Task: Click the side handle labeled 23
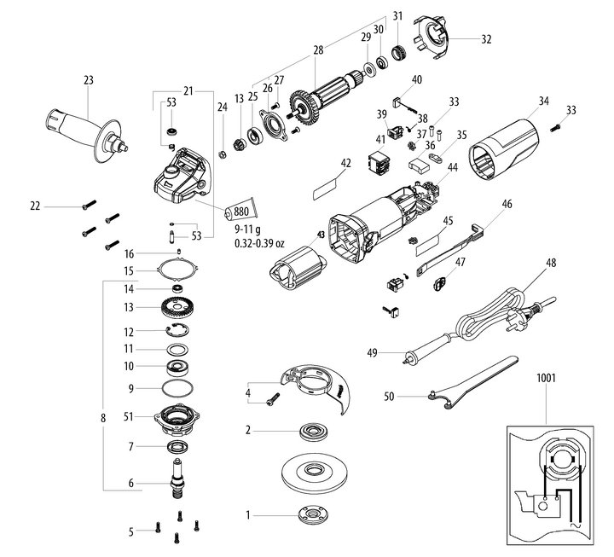(85, 128)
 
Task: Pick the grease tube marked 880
(240, 210)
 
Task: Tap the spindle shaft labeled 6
(178, 474)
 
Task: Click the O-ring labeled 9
(177, 388)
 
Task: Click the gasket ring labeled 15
(177, 270)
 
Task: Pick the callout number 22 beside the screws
(36, 206)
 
